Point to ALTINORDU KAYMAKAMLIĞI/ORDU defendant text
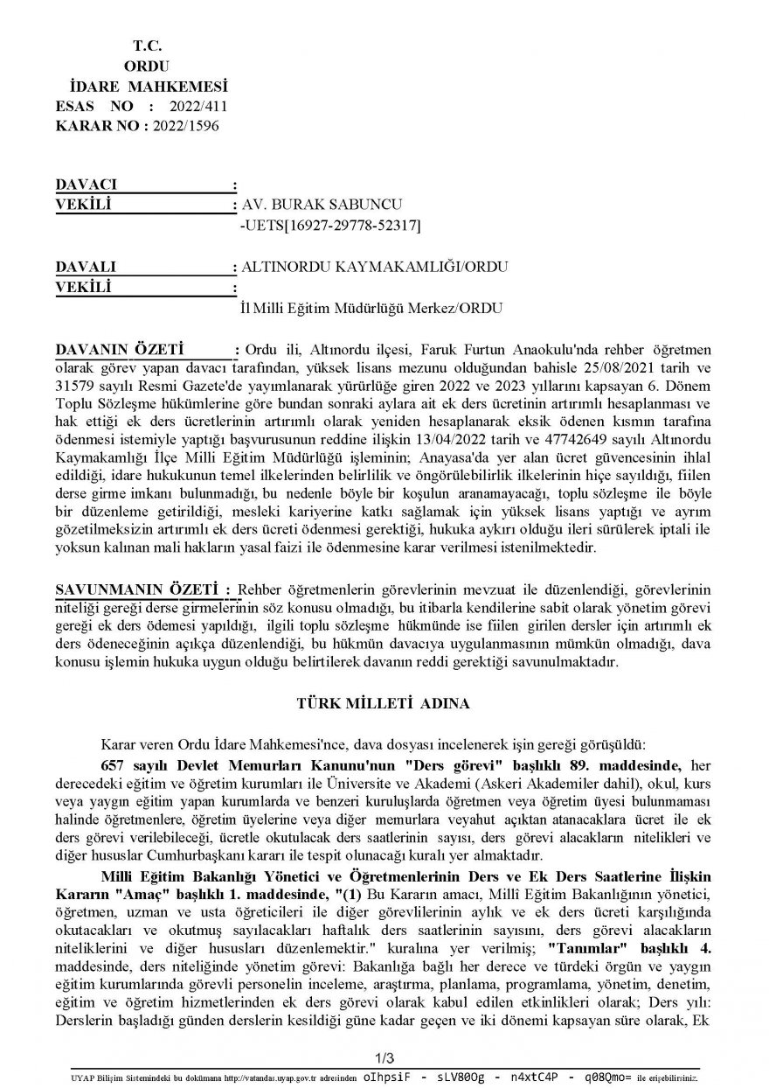point(374,268)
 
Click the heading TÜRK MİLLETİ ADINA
point(383,703)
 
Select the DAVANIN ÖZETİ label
point(117,351)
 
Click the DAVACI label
point(86,185)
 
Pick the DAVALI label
point(85,268)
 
